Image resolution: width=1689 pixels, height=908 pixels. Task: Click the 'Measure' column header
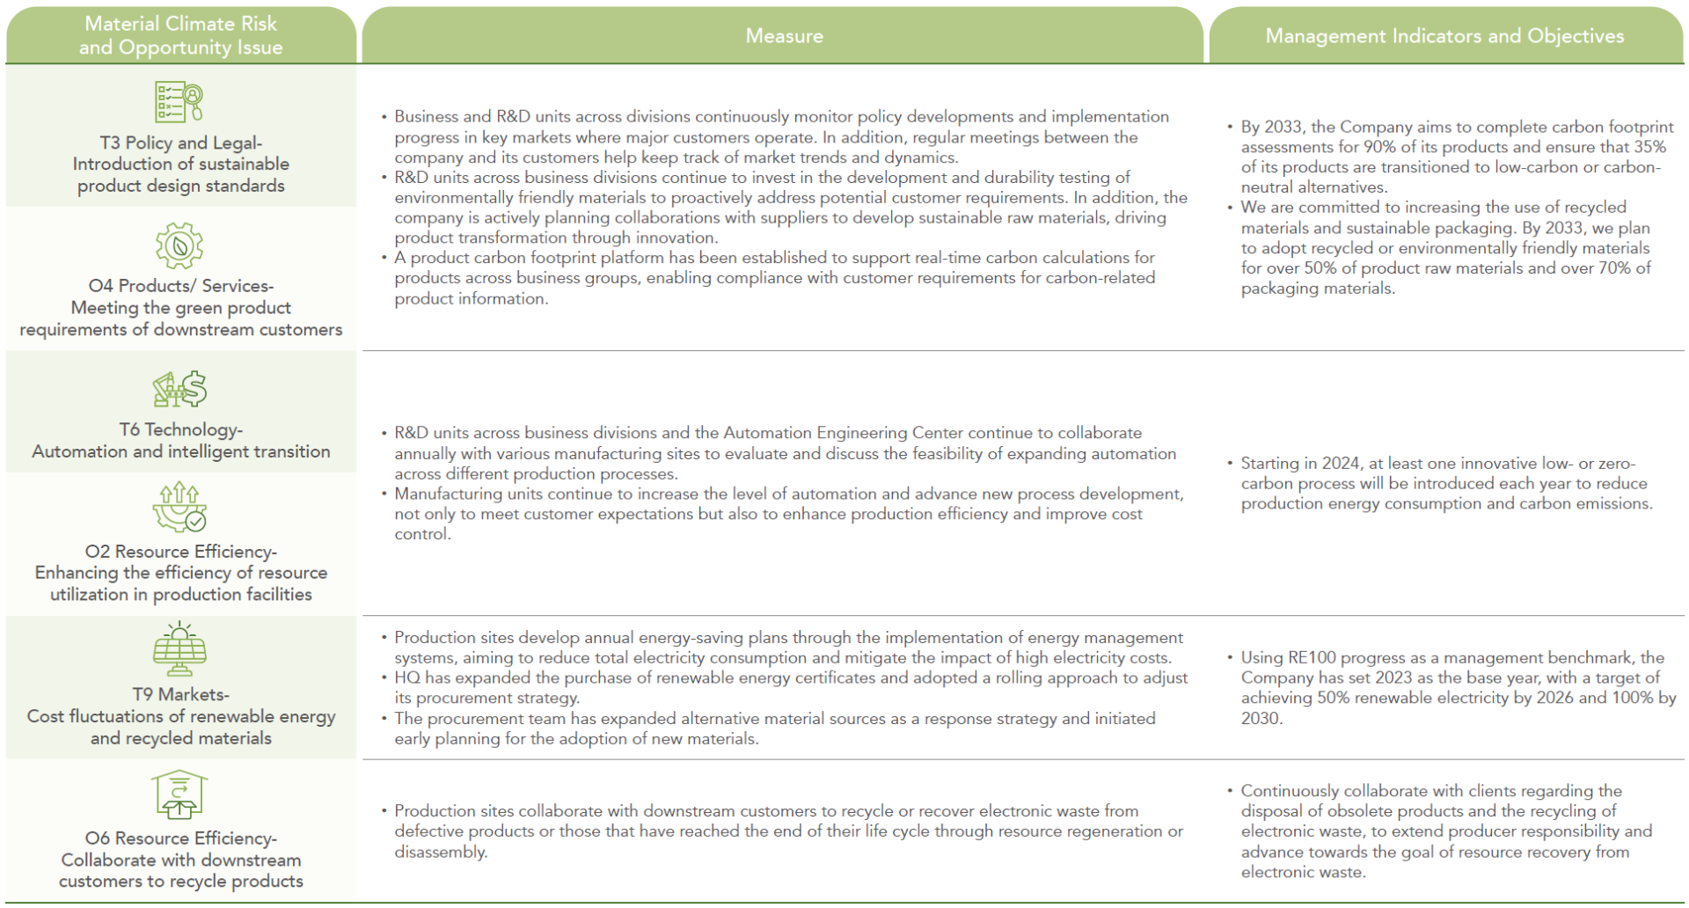click(784, 36)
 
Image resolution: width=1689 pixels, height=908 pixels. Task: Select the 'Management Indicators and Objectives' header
click(1444, 36)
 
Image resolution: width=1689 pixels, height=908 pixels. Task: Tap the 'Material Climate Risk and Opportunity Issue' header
click(180, 36)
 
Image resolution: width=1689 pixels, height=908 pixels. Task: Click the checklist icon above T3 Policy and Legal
click(179, 102)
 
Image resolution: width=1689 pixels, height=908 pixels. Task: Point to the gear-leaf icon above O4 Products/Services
click(179, 245)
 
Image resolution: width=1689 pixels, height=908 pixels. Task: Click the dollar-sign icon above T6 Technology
click(179, 389)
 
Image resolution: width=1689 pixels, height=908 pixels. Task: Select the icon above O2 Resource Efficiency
click(179, 508)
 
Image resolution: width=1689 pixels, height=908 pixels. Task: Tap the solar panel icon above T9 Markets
click(179, 649)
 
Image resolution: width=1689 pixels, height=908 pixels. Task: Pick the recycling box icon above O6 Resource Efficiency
click(179, 794)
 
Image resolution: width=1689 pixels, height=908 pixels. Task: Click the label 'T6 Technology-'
click(181, 429)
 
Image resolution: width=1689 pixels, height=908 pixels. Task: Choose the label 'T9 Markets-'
click(181, 694)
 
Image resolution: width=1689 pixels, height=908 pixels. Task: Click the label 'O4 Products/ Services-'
click(181, 286)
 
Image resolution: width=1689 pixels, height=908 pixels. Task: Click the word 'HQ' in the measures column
click(407, 677)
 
